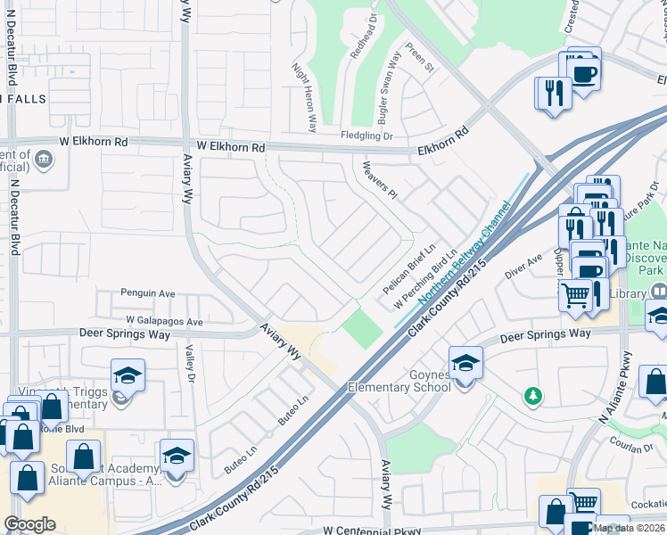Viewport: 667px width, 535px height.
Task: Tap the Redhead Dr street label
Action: (364, 41)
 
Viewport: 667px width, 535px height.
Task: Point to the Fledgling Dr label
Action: (366, 136)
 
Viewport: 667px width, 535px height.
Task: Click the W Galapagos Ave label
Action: (165, 321)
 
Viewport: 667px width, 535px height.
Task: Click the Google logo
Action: (29, 524)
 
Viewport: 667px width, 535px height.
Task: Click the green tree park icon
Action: (532, 395)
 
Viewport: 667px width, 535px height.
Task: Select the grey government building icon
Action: (42, 160)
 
